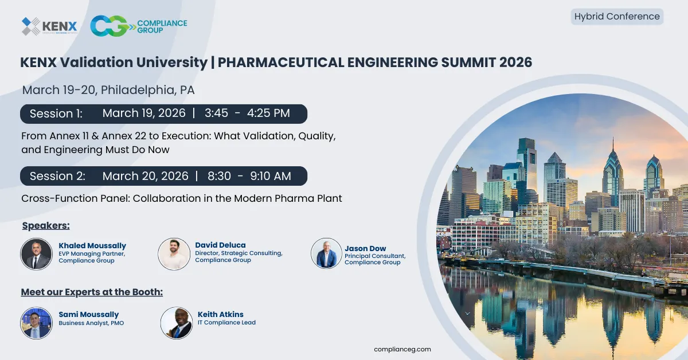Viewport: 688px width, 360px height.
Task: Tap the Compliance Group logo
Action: (x=139, y=26)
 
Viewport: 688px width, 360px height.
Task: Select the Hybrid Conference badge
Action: (x=617, y=17)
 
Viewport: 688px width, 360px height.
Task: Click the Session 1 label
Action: (x=56, y=114)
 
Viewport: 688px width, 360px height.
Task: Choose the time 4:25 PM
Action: (x=268, y=114)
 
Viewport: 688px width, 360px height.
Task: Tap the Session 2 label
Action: (x=57, y=176)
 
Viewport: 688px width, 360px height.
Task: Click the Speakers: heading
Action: (x=46, y=225)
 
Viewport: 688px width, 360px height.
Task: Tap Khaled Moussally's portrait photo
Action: (x=36, y=254)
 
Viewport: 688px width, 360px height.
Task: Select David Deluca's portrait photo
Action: (x=174, y=254)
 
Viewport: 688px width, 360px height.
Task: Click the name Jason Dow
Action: (x=365, y=248)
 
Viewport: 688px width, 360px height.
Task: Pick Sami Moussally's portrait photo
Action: (x=36, y=323)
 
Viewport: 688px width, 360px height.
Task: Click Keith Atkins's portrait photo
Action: (x=176, y=323)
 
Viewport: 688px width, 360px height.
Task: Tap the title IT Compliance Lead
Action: (x=226, y=323)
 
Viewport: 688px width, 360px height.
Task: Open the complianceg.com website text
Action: (x=402, y=349)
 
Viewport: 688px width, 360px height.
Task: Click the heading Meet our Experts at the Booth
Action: (x=92, y=292)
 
